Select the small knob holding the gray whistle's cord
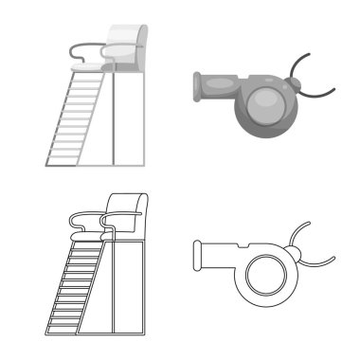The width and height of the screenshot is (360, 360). click(297, 90)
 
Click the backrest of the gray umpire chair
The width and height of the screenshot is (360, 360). click(124, 38)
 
